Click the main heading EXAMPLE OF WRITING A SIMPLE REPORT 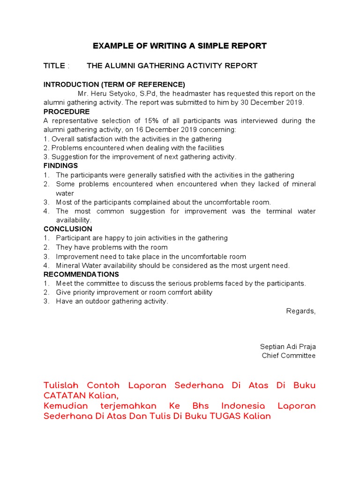point(180,46)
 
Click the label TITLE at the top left point(54,66)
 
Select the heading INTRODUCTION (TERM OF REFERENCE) point(114,85)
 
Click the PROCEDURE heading point(67,112)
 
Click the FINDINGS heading point(61,166)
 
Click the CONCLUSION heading point(68,229)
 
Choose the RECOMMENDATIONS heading point(81,274)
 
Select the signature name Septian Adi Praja point(288,347)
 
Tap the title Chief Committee point(288,356)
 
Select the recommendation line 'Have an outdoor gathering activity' point(112,301)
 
